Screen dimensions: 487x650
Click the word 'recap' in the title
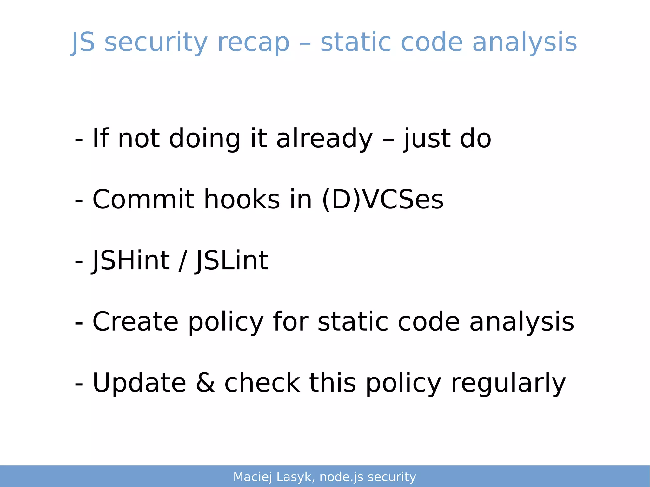tap(253, 43)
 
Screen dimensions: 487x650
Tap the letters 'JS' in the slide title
tap(83, 43)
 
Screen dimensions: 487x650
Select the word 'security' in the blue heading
tap(156, 43)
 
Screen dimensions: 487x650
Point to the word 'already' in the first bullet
tap(324, 138)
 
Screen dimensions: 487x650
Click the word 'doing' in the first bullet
tap(205, 138)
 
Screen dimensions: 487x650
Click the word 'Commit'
tap(143, 199)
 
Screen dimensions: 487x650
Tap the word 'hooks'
tap(242, 199)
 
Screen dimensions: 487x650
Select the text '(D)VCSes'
tap(382, 199)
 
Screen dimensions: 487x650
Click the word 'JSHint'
tap(131, 260)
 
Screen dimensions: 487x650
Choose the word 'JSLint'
tap(232, 260)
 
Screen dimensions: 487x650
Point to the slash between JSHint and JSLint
tap(182, 260)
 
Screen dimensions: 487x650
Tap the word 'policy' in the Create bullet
tap(226, 321)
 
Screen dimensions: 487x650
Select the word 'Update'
tap(139, 383)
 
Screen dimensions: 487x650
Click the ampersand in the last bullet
tap(205, 383)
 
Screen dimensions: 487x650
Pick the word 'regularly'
tap(508, 383)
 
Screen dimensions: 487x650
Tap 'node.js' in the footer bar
tap(341, 477)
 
